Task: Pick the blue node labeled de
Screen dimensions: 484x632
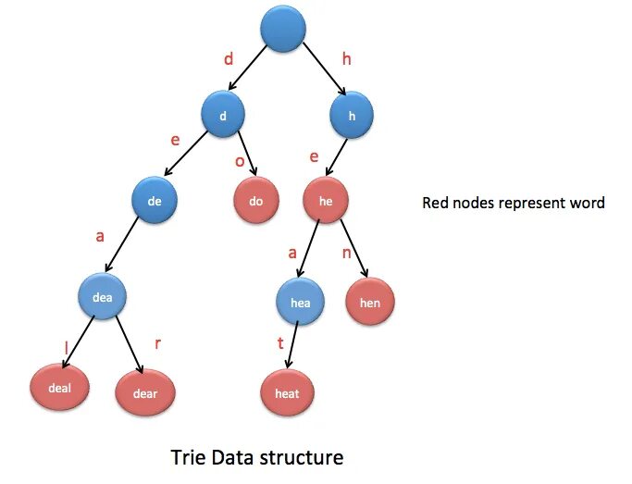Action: click(155, 201)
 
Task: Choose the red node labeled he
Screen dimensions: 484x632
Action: click(327, 201)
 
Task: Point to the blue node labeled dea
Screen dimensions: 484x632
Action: click(101, 297)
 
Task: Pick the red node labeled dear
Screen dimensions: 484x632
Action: click(144, 393)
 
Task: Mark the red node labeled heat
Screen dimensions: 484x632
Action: click(287, 392)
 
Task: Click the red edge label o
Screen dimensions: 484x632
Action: click(240, 161)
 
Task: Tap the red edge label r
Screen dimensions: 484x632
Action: click(157, 343)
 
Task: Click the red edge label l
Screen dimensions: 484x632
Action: click(67, 347)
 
